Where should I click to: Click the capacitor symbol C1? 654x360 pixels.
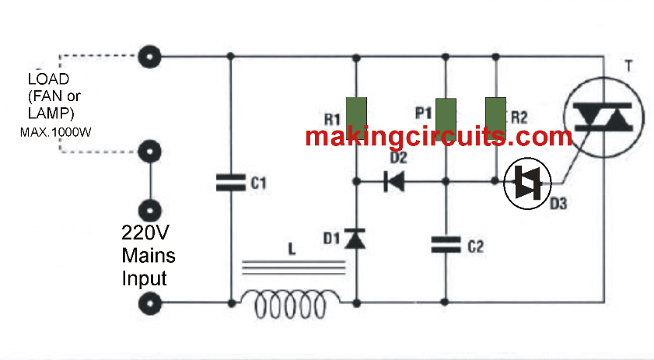231,183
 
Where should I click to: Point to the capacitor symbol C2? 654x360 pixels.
446,246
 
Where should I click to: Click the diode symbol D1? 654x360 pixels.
356,239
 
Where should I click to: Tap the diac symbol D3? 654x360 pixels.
528,183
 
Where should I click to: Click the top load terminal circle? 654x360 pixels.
148,57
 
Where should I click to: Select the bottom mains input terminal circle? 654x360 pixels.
148,302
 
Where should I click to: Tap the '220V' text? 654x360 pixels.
145,232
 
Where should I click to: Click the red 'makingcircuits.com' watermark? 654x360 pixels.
438,137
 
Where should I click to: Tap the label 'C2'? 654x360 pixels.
475,247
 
